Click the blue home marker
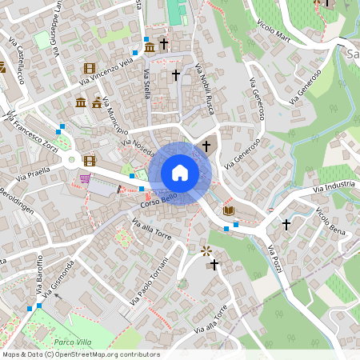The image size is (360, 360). point(180,173)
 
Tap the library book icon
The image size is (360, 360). point(230,210)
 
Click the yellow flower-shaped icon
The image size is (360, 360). point(206,250)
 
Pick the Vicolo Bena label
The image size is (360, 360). point(330,221)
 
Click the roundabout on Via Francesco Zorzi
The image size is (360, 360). point(72,159)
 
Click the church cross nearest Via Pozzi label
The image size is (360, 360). point(286,225)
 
